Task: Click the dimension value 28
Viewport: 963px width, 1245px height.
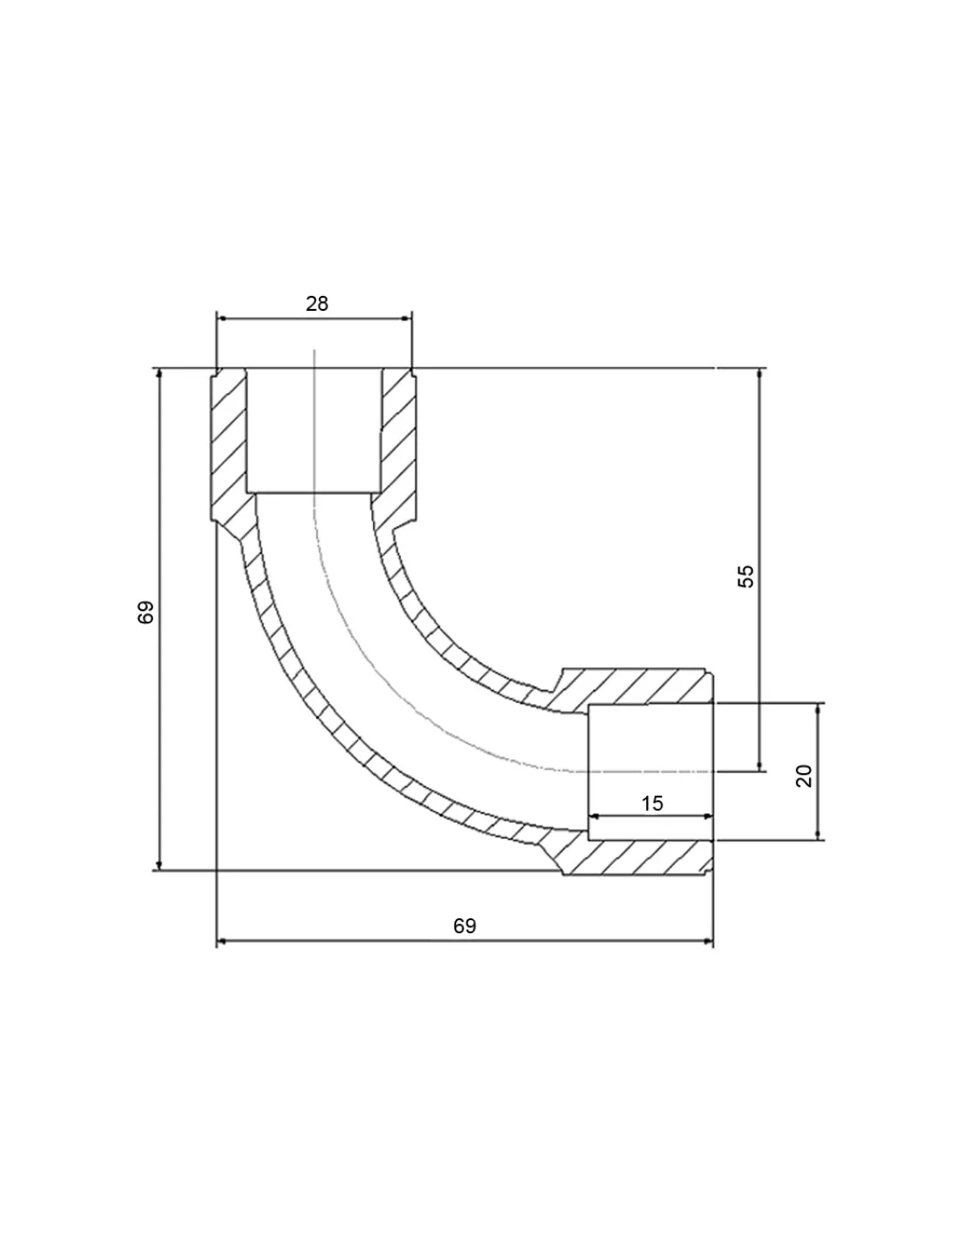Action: [317, 304]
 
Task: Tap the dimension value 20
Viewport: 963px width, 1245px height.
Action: [805, 776]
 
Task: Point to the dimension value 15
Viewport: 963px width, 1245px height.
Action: [652, 804]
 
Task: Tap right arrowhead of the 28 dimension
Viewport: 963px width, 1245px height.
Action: [406, 319]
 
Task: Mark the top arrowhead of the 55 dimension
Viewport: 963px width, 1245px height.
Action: [760, 374]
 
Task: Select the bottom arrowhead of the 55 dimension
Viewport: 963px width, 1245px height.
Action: [760, 765]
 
